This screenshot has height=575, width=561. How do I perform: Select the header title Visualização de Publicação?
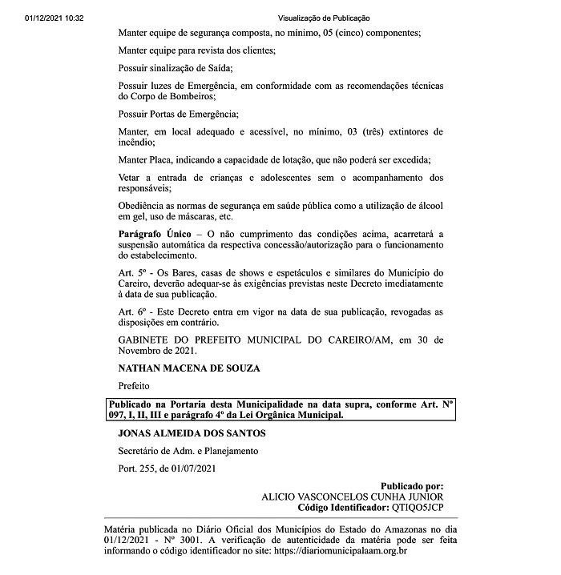point(324,18)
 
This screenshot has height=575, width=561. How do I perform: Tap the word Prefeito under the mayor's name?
point(134,385)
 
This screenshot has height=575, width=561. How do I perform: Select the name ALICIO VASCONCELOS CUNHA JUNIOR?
point(353,497)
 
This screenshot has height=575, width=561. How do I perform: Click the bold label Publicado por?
point(411,486)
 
